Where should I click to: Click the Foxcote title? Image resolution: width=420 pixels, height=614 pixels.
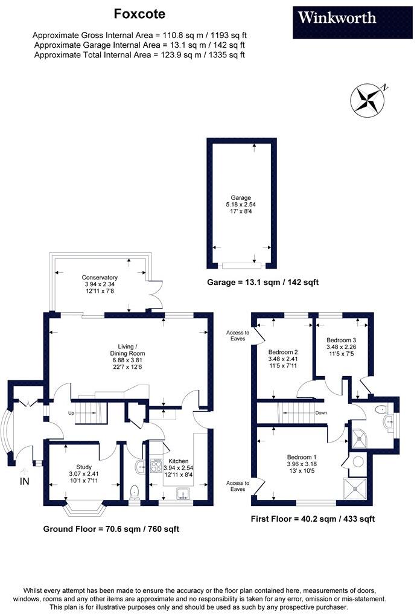139,13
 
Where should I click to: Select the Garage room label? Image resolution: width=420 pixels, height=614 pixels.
240,197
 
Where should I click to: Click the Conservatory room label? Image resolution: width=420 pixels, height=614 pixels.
100,277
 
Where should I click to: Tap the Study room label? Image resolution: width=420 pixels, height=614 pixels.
84,467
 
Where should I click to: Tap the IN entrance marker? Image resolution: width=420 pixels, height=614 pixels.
24,481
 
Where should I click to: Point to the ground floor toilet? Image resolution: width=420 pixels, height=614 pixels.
135,491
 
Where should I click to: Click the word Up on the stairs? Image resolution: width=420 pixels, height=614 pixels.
71,414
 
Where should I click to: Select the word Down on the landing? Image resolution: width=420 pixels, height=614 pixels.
321,414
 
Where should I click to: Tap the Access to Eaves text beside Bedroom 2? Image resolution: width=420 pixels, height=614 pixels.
237,336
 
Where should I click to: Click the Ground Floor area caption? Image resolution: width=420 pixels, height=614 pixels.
111,529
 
